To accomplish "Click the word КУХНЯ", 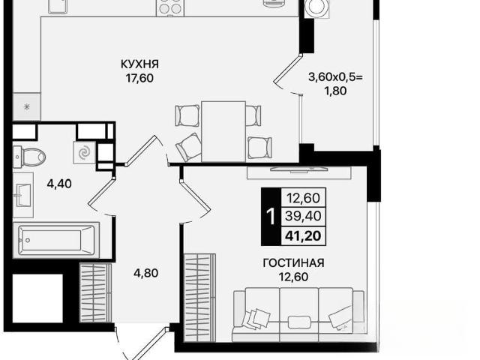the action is click(x=139, y=64).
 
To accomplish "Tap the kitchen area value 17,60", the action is click(x=139, y=78).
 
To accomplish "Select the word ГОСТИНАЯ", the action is click(x=293, y=263).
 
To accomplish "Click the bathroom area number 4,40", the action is click(x=59, y=184).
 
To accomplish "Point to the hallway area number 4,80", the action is click(x=146, y=273).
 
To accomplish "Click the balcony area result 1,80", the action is click(x=335, y=91).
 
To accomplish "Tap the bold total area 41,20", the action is click(x=303, y=236).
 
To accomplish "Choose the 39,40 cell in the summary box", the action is click(x=303, y=216).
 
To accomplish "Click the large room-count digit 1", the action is click(x=271, y=217).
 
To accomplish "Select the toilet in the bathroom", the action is click(x=29, y=157).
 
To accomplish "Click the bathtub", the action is click(x=56, y=240).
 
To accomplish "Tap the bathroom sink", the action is click(x=23, y=195).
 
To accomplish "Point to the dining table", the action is click(x=223, y=131).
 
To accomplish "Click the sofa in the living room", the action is click(x=298, y=314).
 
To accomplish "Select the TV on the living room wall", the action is click(x=298, y=169).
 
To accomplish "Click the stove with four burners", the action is click(x=171, y=7).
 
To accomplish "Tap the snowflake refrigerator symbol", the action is click(x=27, y=107).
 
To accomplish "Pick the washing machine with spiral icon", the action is click(x=84, y=152).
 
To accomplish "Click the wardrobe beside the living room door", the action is click(x=199, y=297).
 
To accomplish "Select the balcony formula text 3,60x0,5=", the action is click(x=335, y=76).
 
